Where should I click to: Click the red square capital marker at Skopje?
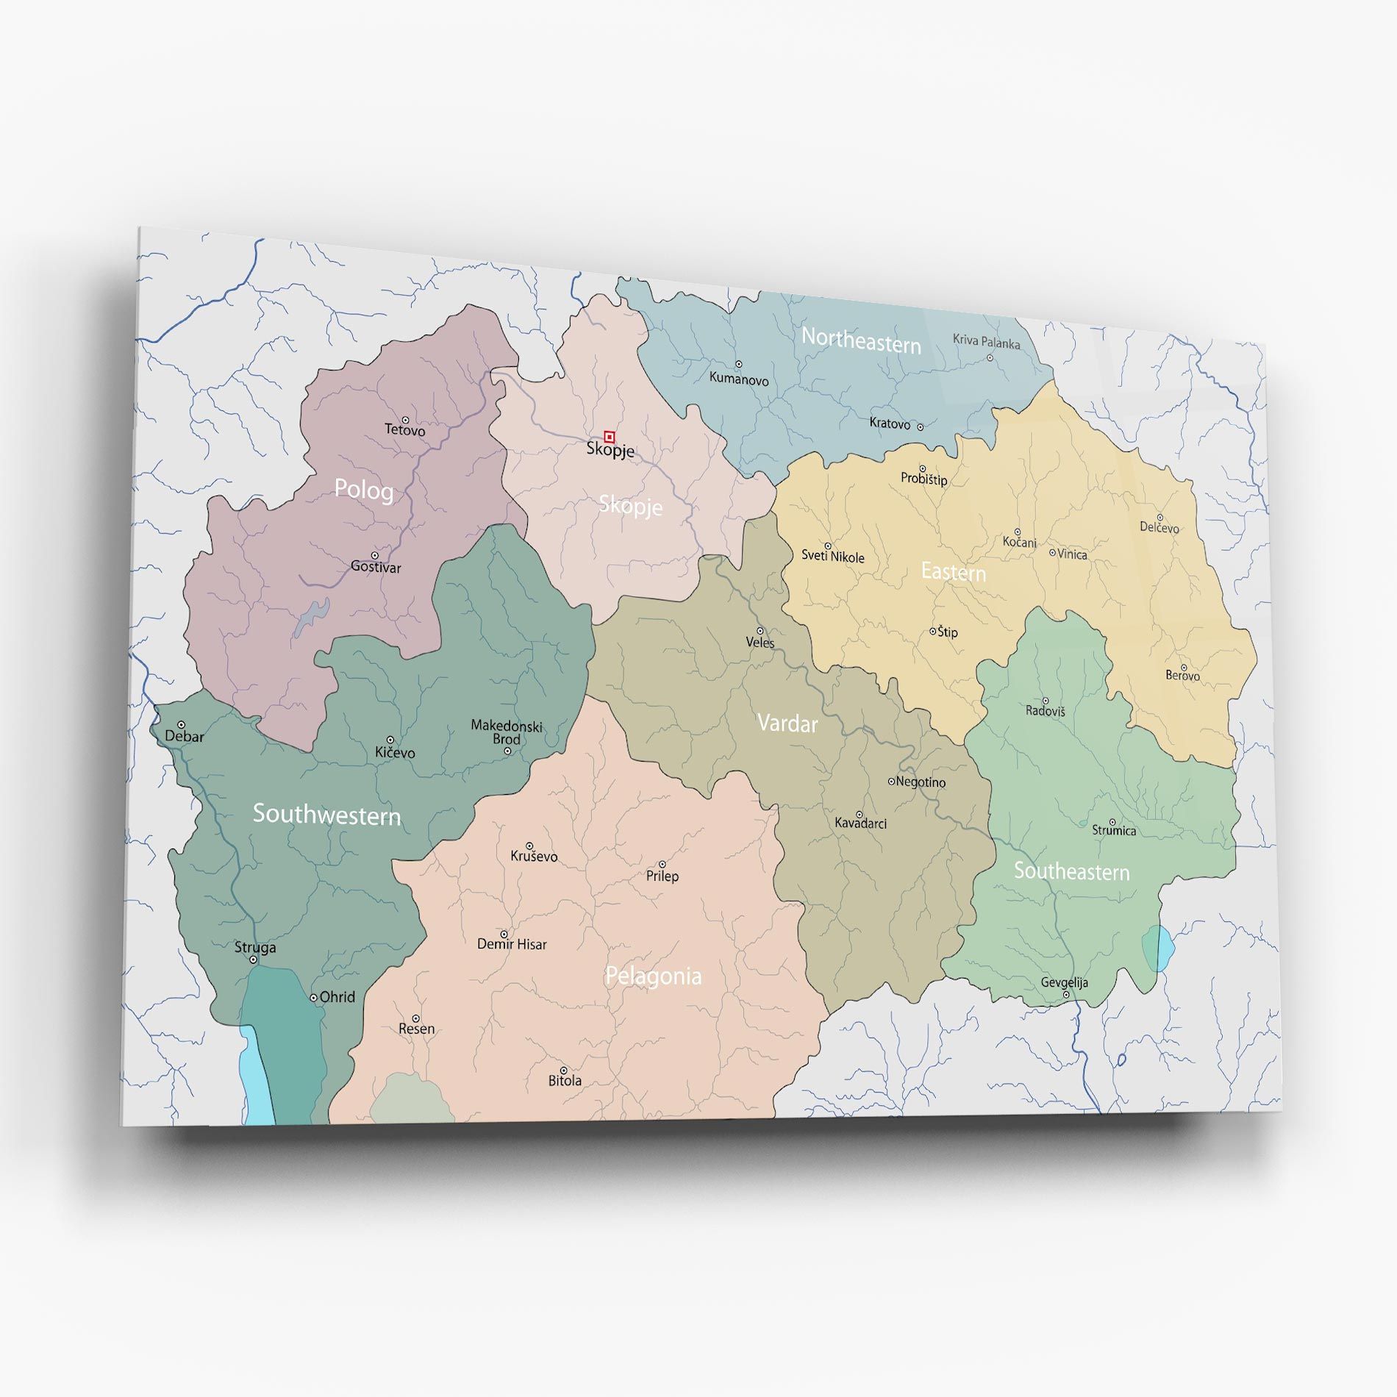(x=609, y=437)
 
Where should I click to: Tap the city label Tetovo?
(x=404, y=430)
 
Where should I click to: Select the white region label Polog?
(x=363, y=490)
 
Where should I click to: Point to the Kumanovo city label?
(x=738, y=379)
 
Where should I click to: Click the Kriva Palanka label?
(x=986, y=342)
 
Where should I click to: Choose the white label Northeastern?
(x=860, y=341)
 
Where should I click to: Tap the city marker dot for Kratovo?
(x=920, y=426)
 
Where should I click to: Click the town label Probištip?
(x=923, y=479)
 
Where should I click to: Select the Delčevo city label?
(x=1159, y=528)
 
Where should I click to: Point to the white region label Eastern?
(x=953, y=572)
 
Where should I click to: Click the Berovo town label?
(x=1182, y=676)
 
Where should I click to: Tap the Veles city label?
(x=760, y=643)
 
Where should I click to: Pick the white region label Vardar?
(x=787, y=723)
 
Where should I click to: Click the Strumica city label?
(x=1113, y=831)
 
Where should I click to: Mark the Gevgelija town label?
(x=1064, y=982)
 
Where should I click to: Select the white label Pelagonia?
(x=653, y=976)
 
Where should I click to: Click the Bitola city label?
(x=565, y=1081)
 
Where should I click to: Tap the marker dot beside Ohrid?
(x=313, y=998)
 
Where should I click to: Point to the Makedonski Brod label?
(x=506, y=732)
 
